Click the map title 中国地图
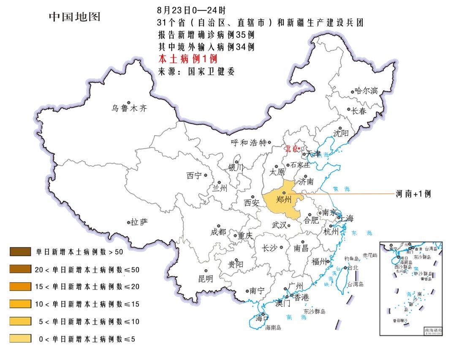(74, 17)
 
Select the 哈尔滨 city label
(366, 91)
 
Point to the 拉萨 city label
(139, 222)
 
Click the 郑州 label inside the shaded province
(284, 199)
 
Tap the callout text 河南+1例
(413, 194)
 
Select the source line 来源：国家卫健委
(196, 71)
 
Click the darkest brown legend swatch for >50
(20, 252)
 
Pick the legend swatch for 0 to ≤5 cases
(20, 338)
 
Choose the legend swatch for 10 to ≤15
(20, 304)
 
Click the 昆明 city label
(206, 279)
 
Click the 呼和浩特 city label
(249, 143)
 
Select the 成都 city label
(218, 232)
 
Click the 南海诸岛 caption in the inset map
(433, 329)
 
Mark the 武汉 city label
(280, 225)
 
